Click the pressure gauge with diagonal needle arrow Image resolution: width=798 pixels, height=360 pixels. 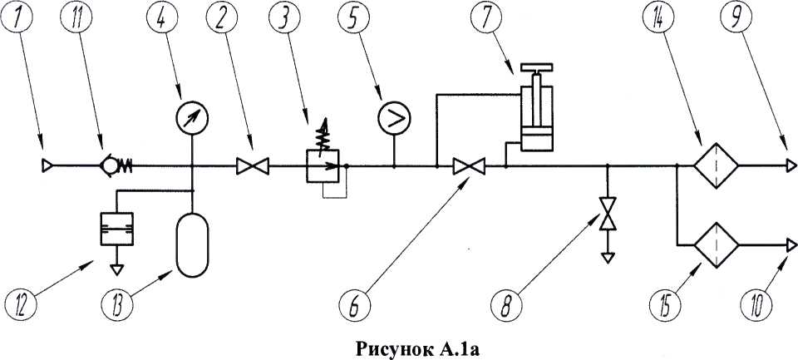(192, 119)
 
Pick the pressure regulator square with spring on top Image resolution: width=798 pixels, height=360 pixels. (321, 166)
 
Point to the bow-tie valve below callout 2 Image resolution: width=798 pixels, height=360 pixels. (249, 166)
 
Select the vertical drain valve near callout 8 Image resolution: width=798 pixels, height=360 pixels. (608, 214)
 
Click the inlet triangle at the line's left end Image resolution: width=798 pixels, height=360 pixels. (47, 166)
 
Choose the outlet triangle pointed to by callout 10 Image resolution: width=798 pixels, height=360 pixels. (787, 245)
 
